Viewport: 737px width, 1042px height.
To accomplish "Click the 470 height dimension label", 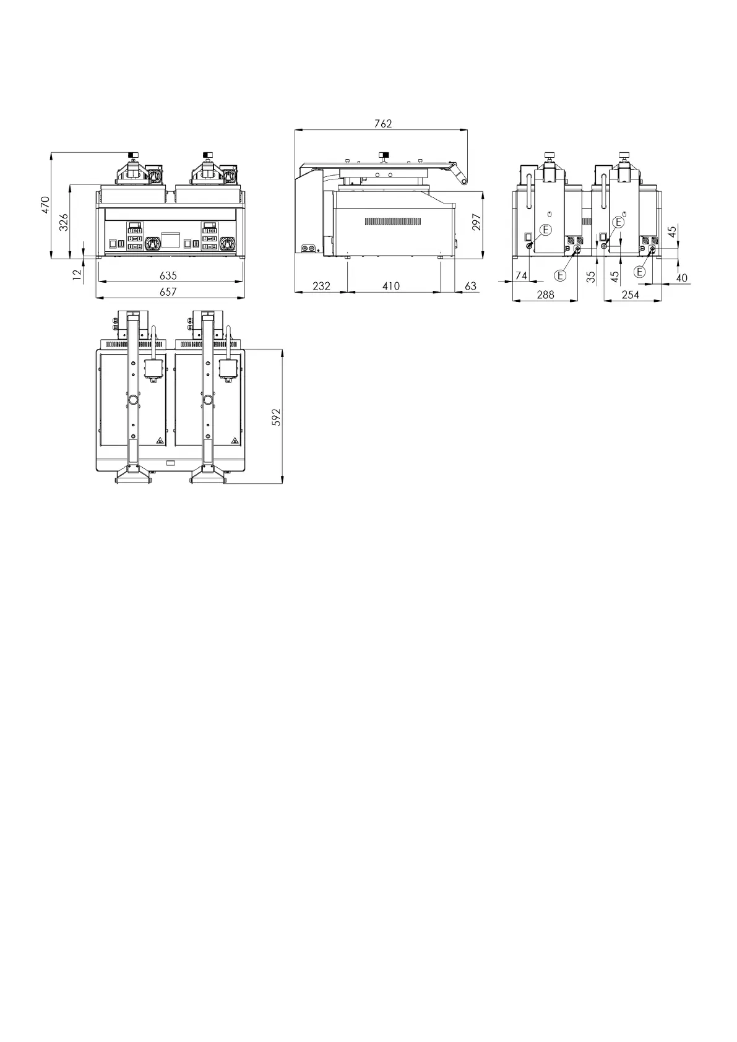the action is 45,205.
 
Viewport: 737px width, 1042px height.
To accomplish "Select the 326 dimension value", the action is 63,222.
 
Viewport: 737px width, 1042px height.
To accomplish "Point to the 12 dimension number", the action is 77,272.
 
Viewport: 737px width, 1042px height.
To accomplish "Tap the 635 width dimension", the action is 168,275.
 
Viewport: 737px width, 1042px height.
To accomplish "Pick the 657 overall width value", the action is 168,291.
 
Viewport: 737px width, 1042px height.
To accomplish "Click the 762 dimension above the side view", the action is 383,123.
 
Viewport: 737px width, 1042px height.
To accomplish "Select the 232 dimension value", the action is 321,286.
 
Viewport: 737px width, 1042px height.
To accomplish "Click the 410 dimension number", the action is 391,286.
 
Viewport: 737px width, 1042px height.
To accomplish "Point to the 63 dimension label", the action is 470,286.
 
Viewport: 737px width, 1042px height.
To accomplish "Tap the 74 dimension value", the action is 521,276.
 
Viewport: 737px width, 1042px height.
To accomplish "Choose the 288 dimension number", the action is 545,295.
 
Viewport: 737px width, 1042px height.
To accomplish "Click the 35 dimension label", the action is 591,277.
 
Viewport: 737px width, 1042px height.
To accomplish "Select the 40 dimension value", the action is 681,278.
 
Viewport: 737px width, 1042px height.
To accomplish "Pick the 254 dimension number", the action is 630,295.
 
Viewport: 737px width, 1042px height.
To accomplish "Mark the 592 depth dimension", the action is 277,416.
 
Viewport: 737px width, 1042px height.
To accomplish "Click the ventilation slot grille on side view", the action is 393,221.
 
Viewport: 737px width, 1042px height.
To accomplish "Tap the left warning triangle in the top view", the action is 159,441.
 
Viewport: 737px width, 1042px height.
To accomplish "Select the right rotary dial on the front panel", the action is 227,244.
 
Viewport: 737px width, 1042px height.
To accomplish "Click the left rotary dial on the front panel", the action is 152,244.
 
